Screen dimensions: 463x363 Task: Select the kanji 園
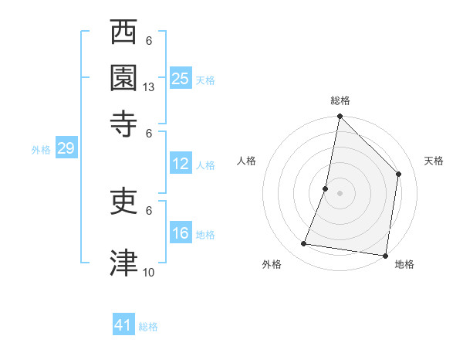(123, 77)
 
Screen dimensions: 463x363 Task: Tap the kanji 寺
(123, 122)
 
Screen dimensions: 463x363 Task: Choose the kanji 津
(123, 263)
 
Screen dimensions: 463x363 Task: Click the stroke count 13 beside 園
(149, 87)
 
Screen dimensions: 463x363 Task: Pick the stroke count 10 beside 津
(149, 273)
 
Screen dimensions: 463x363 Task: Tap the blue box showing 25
(181, 78)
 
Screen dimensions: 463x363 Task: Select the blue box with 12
(181, 164)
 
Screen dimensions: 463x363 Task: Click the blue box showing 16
(181, 234)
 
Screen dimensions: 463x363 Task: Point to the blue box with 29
(66, 148)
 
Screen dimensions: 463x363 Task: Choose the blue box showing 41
(123, 325)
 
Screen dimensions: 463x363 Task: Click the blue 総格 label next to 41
(148, 327)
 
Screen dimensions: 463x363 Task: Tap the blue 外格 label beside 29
(40, 150)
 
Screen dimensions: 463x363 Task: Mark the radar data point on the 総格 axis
(340, 117)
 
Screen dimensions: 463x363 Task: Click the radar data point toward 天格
(399, 174)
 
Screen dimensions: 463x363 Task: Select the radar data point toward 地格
(385, 255)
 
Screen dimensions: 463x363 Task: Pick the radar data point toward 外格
(304, 244)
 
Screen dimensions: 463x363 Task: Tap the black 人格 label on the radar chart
(247, 161)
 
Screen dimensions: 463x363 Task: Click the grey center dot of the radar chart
(340, 192)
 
